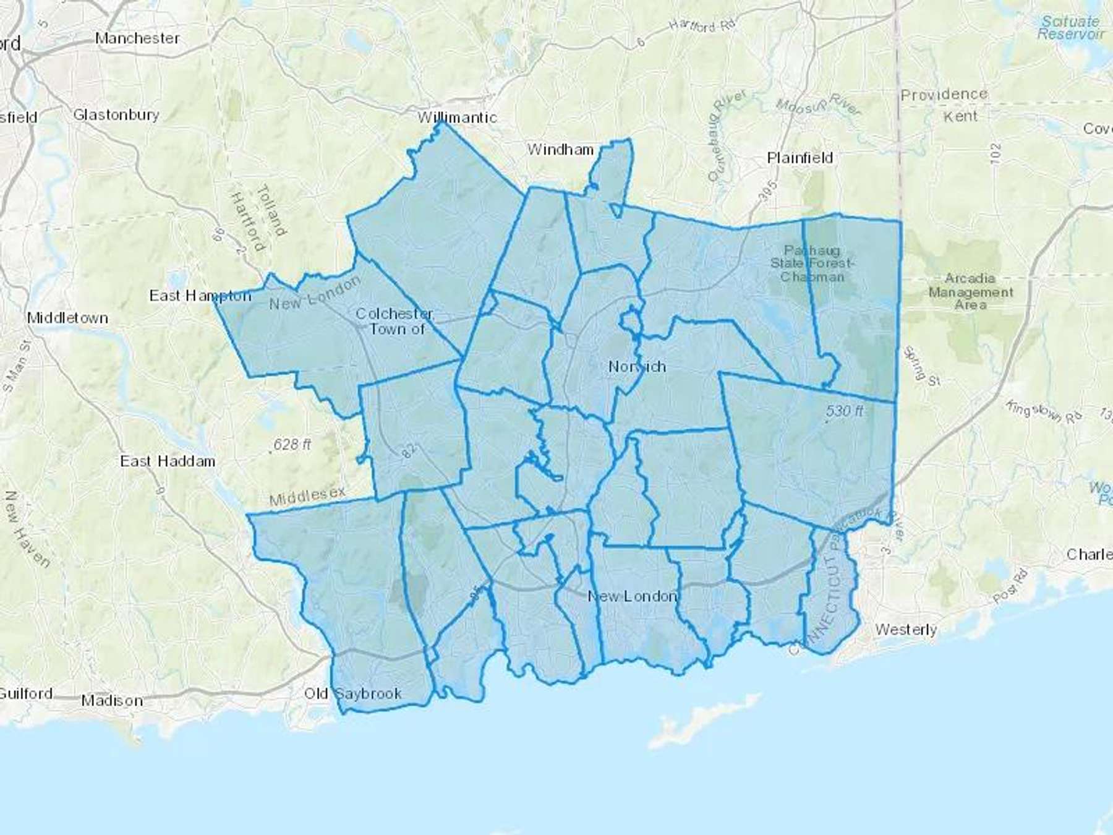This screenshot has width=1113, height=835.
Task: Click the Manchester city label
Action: (x=137, y=38)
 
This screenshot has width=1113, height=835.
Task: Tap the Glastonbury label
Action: (x=116, y=114)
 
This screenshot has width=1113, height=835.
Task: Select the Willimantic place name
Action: (x=457, y=117)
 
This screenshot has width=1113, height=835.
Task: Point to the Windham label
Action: (x=560, y=149)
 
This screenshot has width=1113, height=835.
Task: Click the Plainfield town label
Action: (x=800, y=158)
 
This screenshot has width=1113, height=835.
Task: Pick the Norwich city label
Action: (x=637, y=366)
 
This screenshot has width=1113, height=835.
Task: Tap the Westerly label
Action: (x=906, y=630)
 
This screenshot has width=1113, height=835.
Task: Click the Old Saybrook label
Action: (x=352, y=693)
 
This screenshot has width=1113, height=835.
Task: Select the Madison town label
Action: (x=112, y=701)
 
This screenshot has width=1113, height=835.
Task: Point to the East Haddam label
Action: (x=168, y=461)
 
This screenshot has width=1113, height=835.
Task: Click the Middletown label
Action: (x=67, y=318)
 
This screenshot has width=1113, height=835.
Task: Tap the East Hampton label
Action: (x=200, y=296)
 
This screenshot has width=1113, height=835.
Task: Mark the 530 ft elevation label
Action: (x=845, y=411)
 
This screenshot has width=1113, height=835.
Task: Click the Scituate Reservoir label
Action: (x=1070, y=27)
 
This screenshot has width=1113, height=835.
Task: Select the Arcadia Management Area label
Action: (x=970, y=291)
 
